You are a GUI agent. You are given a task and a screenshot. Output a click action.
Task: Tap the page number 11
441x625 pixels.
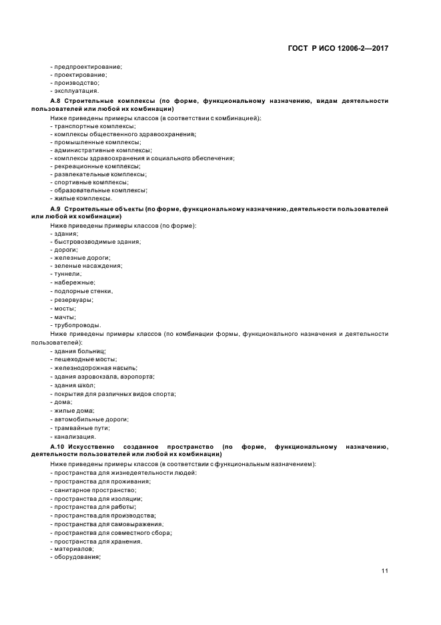pyautogui.click(x=385, y=570)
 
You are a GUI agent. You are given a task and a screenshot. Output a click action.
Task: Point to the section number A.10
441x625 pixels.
pyautogui.click(x=59, y=446)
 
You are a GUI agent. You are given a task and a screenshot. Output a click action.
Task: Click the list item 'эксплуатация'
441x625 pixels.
pyautogui.click(x=75, y=90)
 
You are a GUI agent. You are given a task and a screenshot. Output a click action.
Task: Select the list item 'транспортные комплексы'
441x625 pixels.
pyautogui.click(x=87, y=126)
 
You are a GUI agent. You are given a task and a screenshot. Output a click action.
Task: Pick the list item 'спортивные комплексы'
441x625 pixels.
pyautogui.click(x=90, y=182)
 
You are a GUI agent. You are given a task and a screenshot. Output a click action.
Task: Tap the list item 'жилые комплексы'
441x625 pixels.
pyautogui.click(x=82, y=198)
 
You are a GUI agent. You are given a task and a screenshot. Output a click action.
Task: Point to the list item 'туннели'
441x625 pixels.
pyautogui.click(x=67, y=274)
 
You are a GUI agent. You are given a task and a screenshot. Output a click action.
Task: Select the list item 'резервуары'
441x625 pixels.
pyautogui.click(x=73, y=300)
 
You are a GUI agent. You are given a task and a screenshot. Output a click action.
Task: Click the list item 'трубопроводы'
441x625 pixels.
pyautogui.click(x=75, y=325)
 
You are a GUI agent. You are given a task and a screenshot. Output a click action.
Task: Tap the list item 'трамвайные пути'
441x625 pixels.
pyautogui.click(x=81, y=427)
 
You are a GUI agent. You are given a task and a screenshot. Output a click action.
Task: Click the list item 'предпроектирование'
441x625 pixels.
pyautogui.click(x=87, y=66)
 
